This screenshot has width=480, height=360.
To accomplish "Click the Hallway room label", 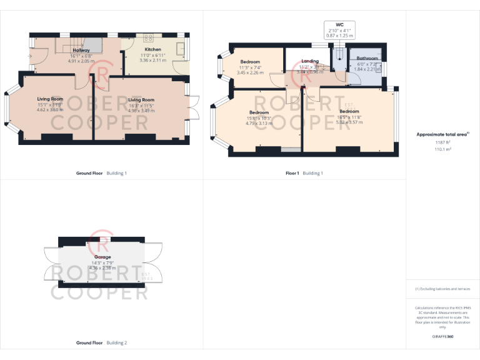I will (81, 50).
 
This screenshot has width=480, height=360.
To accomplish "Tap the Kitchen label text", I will (153, 49).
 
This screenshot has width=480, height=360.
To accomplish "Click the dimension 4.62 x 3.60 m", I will (50, 110).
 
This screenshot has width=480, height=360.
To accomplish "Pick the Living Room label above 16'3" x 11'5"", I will (141, 99).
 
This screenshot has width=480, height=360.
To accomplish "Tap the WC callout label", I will (339, 24).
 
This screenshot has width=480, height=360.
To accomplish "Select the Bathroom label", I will (367, 58).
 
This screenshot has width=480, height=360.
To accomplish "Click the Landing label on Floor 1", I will (310, 61).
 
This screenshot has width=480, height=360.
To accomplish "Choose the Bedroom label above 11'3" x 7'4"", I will (250, 62).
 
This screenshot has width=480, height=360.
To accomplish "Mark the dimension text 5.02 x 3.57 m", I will (349, 122).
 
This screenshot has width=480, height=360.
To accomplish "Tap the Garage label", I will (102, 257).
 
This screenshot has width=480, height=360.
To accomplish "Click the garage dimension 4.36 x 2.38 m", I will (102, 268).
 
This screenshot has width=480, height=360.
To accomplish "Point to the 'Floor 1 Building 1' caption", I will (304, 172).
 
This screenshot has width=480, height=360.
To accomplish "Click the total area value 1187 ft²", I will (442, 143).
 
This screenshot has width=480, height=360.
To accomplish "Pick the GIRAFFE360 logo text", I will (442, 336).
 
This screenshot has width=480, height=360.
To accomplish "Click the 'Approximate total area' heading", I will (442, 134).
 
